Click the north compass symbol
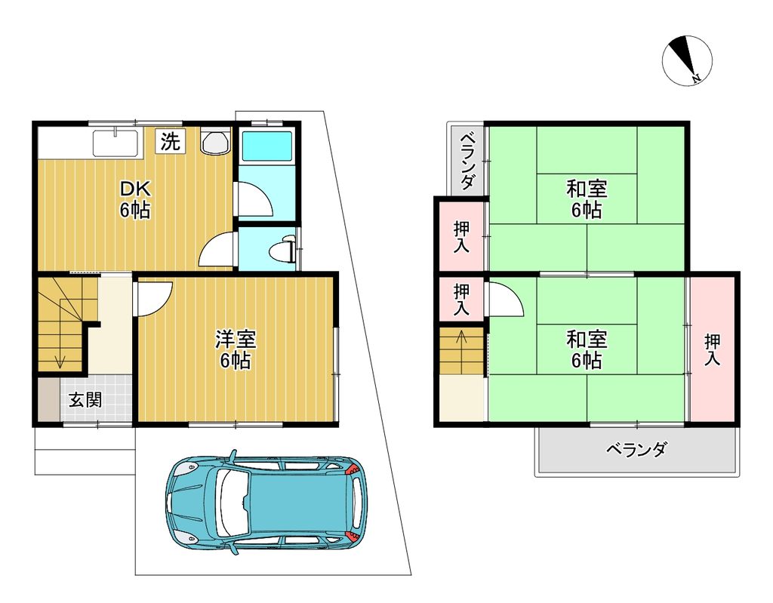coord(687,60)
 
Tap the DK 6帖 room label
coord(134,200)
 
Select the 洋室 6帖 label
coord(236,350)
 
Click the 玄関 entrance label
coord(85,399)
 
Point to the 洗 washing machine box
coord(171,142)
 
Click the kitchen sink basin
coord(115,143)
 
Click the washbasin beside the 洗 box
coord(215,141)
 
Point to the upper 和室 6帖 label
coord(586,200)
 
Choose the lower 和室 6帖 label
coord(586,350)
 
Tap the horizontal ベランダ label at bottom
coord(636,449)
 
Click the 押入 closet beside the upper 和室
coord(461,236)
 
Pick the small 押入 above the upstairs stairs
coord(461,300)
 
